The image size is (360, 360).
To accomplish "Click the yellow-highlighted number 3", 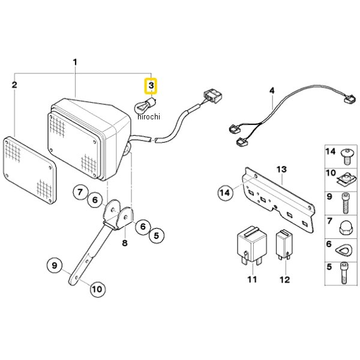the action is tap(151, 86).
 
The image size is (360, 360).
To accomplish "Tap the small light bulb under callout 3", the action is tap(145, 105).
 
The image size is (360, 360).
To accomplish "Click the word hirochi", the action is tap(149, 116).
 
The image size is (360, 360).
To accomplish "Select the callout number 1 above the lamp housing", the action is tap(75, 62).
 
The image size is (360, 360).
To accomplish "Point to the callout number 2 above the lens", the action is tap(14, 85).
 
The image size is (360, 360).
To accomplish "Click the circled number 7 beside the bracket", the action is tap(80, 192).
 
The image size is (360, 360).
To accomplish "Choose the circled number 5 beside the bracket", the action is tap(157, 236).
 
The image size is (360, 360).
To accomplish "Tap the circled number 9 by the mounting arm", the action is tap(55, 265).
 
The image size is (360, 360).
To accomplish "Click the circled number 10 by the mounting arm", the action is tap(97, 289).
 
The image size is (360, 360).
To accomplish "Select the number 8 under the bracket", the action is tap(125, 242).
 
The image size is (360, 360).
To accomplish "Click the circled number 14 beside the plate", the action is tap(225, 193).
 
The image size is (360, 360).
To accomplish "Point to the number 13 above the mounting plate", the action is tap(281, 169).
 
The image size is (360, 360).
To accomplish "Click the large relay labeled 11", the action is tap(252, 245).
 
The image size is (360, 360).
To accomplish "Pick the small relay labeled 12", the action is tap(284, 245).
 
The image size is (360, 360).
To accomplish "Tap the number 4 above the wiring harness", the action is tap(272, 91).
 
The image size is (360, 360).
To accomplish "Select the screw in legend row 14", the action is tap(346, 157).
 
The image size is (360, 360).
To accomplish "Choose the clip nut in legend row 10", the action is tap(346, 179).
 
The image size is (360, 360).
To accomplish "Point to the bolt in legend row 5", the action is tap(344, 273).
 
